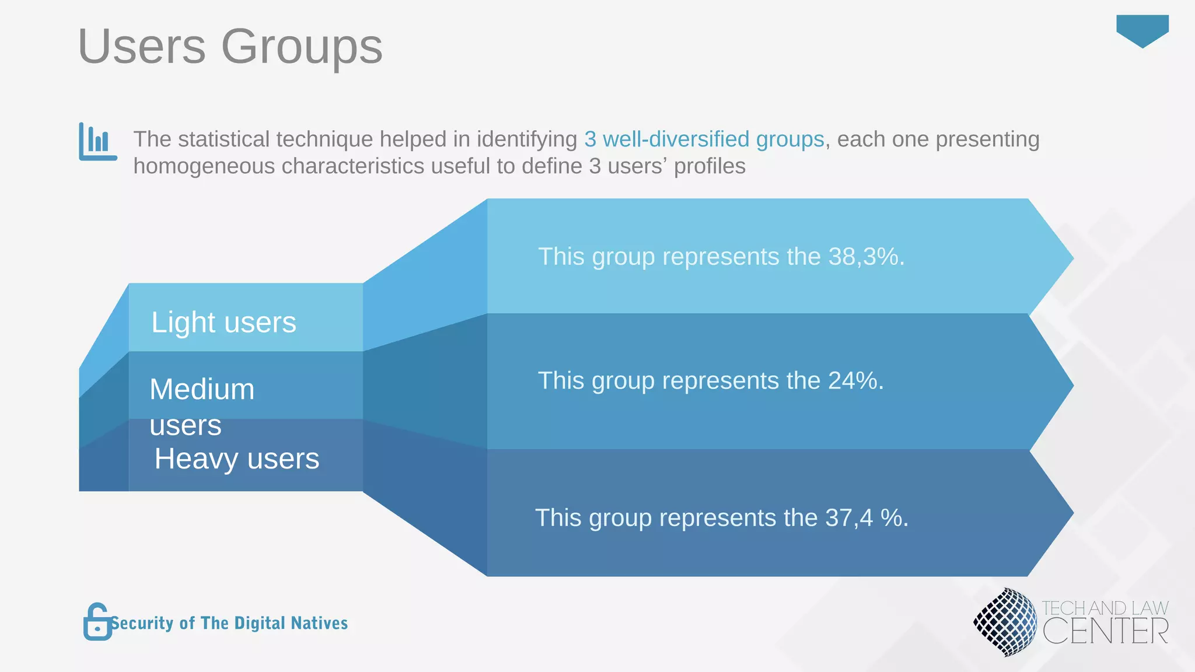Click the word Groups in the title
pos(302,47)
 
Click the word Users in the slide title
pos(142,47)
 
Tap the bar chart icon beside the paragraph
pos(97,141)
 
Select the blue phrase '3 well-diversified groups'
pos(704,139)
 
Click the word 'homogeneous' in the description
pos(204,166)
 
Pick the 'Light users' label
pos(223,322)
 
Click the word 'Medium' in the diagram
pos(202,389)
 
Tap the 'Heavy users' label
pos(236,459)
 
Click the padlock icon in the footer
pos(97,622)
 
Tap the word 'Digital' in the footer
pos(258,623)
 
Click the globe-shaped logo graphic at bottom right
pos(1005,622)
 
